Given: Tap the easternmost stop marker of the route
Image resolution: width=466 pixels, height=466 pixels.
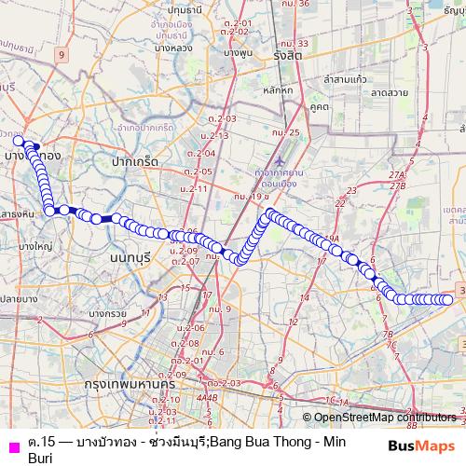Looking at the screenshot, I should click(447, 299).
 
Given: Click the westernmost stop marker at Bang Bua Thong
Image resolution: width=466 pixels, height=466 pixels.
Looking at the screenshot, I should click(18, 140).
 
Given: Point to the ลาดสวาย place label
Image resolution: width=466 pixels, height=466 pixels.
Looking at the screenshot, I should click(391, 94).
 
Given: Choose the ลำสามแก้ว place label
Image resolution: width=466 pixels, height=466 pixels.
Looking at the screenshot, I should click(348, 82).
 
